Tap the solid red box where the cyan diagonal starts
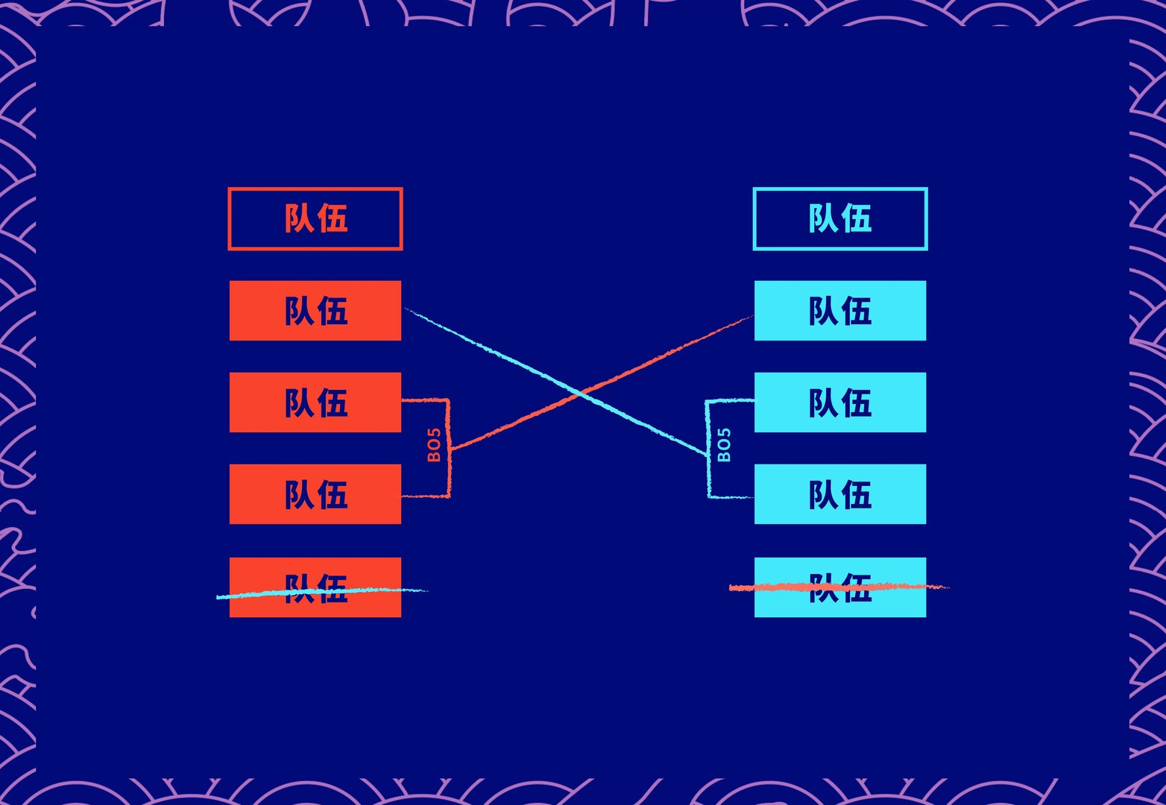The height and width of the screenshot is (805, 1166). tap(315, 311)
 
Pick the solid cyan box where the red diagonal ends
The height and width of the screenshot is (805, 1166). tap(840, 311)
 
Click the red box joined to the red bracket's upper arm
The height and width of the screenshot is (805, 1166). tap(315, 402)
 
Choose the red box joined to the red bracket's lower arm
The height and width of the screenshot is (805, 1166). tap(315, 494)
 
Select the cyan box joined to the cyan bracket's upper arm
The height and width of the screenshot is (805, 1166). tap(840, 402)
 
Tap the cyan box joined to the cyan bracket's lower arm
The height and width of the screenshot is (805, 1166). tap(840, 494)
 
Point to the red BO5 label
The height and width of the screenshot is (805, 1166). tap(434, 445)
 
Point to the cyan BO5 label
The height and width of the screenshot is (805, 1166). tap(724, 445)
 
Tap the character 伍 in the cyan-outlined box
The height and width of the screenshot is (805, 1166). tap(857, 219)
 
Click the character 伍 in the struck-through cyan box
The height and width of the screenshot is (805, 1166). tap(857, 587)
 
